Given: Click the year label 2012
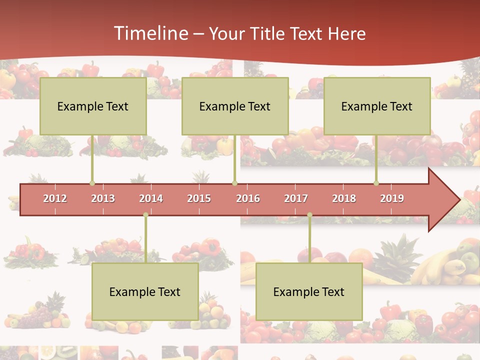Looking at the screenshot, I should point(55,198).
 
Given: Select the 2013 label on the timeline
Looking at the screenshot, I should point(103,198).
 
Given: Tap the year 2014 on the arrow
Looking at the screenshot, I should point(151,198).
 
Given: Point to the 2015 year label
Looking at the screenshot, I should point(199,198).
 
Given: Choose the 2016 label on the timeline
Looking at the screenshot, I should point(248,198).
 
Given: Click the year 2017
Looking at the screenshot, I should point(296,198).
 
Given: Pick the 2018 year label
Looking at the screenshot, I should point(344,198).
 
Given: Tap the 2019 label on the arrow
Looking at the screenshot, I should point(392,198).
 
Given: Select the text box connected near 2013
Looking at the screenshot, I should point(93,106).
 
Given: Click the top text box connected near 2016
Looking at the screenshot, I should point(235,106).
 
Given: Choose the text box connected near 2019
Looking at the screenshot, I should point(377,106).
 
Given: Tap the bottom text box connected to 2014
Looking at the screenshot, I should point(145,291).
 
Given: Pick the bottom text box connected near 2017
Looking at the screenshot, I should point(309,291).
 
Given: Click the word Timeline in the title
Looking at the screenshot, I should point(149,33).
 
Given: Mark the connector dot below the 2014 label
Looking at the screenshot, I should point(145,215).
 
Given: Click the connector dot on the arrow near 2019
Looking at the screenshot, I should point(376,183).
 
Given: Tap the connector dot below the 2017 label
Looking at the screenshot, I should point(309,215).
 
